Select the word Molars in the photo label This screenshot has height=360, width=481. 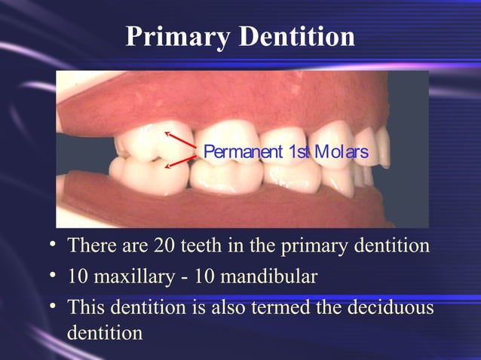[341, 152]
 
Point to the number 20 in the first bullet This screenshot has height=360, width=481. [164, 246]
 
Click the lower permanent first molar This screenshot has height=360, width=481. [147, 173]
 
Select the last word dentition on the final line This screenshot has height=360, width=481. [105, 332]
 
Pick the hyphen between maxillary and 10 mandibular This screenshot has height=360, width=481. [183, 278]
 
